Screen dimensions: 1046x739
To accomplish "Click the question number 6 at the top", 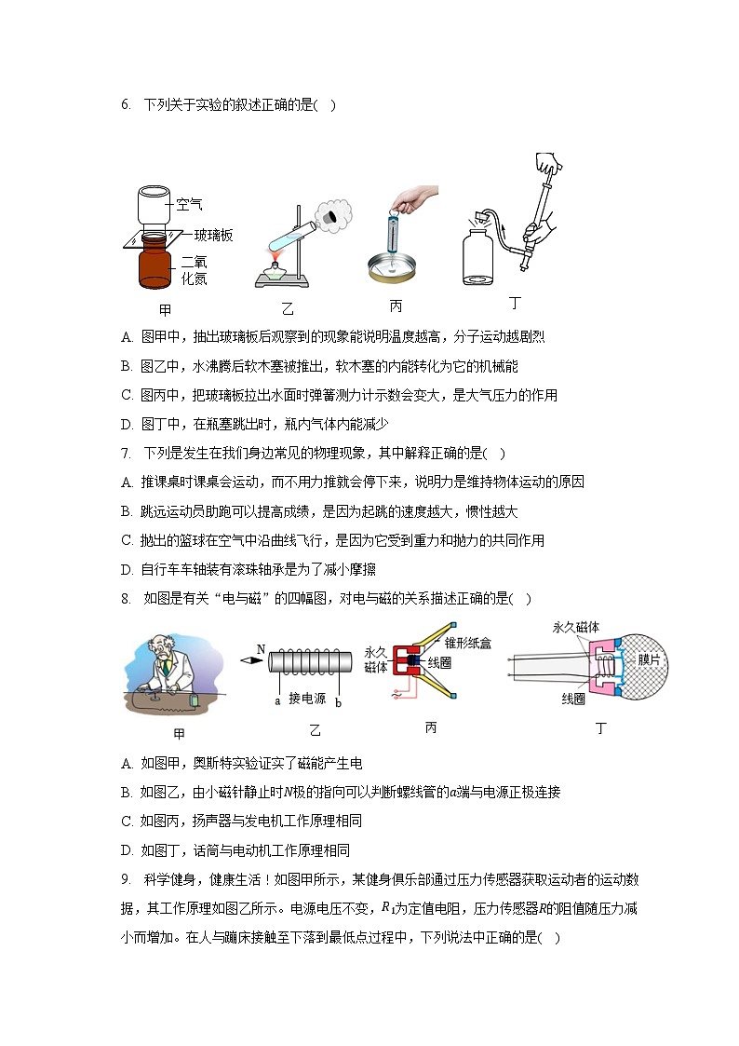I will pyautogui.click(x=126, y=105).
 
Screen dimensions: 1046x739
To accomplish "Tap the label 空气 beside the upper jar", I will pyautogui.click(x=189, y=203).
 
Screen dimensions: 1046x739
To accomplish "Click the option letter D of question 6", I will pyautogui.click(x=127, y=425).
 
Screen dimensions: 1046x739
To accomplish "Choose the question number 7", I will pyautogui.click(x=126, y=454).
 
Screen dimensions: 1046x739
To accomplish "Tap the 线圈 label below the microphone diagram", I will pyautogui.click(x=573, y=698).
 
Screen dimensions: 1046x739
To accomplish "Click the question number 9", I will pyautogui.click(x=126, y=880).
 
